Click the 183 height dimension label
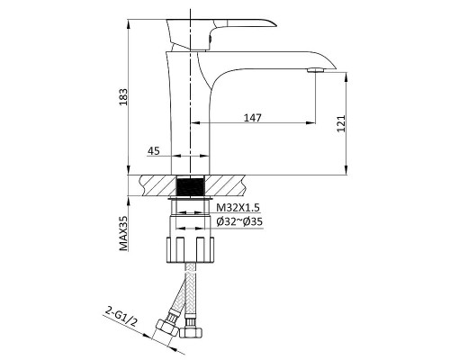123,97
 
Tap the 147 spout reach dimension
252,118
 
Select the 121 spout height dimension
341,123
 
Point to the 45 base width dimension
154,151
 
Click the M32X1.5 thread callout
238,207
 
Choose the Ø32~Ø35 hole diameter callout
239,221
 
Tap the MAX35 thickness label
123,233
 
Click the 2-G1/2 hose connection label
121,317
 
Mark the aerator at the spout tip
316,70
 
